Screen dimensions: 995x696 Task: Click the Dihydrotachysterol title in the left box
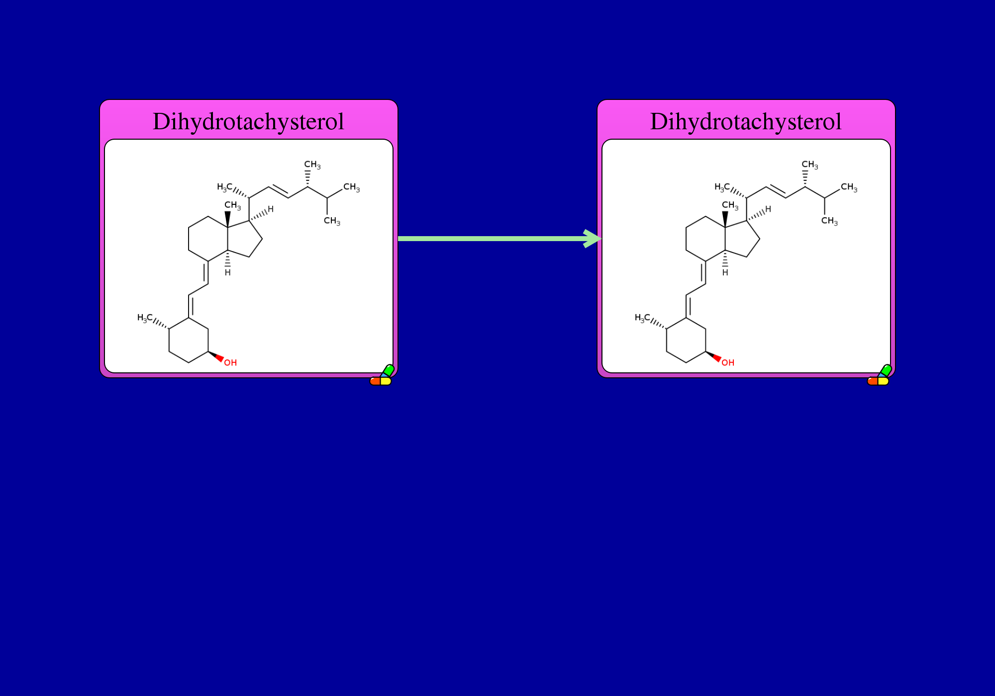click(248, 122)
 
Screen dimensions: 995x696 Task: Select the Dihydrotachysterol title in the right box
click(746, 122)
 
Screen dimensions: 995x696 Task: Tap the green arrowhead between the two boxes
click(592, 239)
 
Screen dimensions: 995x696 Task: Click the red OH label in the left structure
click(230, 363)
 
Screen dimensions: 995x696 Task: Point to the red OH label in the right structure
click(728, 363)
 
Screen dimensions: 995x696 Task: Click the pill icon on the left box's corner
click(382, 375)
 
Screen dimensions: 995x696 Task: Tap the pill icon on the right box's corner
click(880, 375)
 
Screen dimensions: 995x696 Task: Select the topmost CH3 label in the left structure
click(312, 165)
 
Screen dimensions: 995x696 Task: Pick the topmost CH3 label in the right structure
click(810, 165)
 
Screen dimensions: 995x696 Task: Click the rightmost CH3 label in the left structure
click(352, 187)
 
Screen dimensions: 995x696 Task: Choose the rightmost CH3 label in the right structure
click(849, 187)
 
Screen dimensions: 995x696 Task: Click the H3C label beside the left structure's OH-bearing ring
click(145, 318)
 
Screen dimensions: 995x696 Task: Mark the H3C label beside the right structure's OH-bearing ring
click(642, 318)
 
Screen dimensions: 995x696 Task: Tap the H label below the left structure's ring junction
click(228, 272)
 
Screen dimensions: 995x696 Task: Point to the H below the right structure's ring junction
click(725, 272)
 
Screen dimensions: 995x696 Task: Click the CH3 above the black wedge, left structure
click(233, 205)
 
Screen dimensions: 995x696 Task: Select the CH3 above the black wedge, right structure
click(730, 205)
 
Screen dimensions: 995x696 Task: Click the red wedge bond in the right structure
click(713, 356)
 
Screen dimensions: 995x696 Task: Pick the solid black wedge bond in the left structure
click(228, 219)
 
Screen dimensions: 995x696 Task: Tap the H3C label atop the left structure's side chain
click(224, 187)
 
